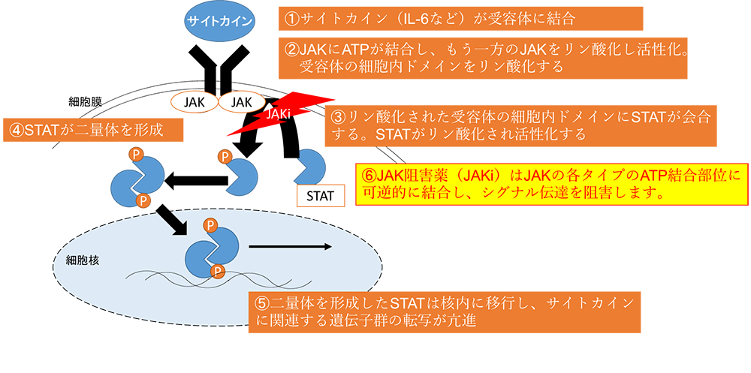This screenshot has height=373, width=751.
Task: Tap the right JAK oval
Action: pos(243,101)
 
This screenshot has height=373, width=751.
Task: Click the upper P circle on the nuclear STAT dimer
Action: pos(211,225)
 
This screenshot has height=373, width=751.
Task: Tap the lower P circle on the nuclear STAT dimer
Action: pos(218,270)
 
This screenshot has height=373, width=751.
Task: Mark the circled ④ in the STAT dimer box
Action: pos(16,129)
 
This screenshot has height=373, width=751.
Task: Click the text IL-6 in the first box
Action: pos(421,16)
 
